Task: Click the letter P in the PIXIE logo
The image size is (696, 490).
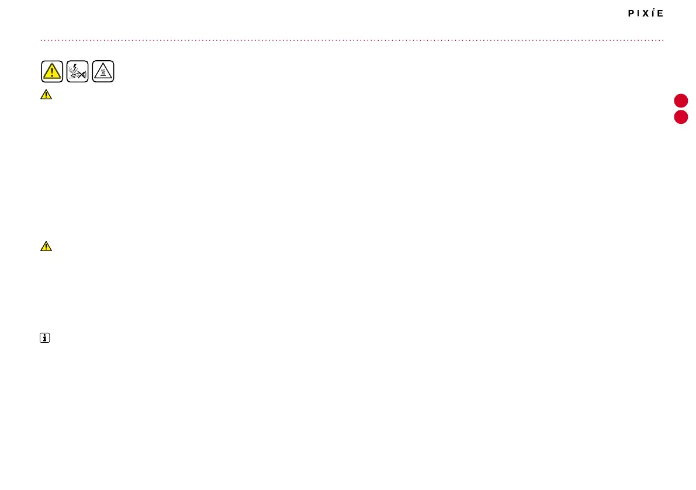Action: [x=631, y=13]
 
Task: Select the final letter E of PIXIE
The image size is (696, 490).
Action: [x=660, y=13]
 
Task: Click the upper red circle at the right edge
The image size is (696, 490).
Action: [x=681, y=100]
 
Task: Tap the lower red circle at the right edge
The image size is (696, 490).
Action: [x=681, y=117]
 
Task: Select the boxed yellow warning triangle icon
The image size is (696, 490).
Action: [x=52, y=71]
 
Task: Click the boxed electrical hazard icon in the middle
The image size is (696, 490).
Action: [x=78, y=71]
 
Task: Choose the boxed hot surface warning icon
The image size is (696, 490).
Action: [x=103, y=71]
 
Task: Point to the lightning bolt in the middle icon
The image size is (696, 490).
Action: [x=74, y=67]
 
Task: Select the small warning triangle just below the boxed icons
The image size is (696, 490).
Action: [x=46, y=95]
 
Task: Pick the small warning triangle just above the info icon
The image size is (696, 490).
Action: [x=46, y=246]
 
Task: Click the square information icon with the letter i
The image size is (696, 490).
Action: [x=45, y=338]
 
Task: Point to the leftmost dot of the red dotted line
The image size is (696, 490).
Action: [x=41, y=40]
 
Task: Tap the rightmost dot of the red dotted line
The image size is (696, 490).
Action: [x=663, y=40]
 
